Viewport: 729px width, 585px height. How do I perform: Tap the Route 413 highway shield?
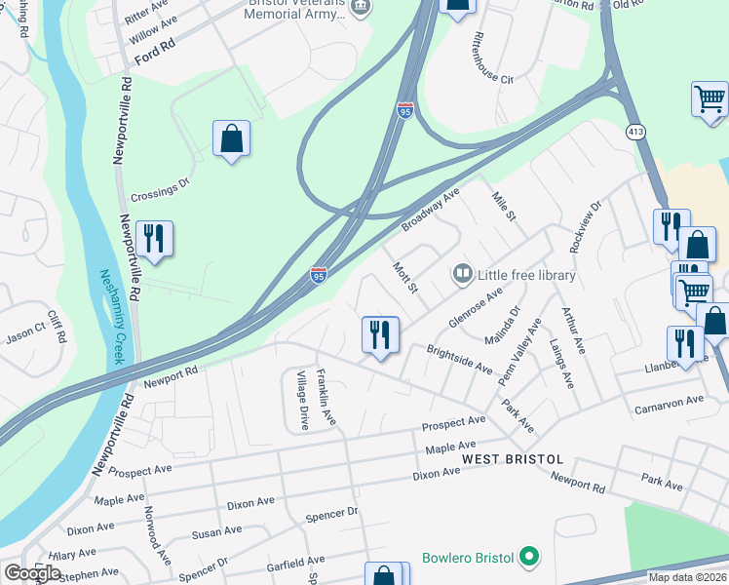[x=635, y=133]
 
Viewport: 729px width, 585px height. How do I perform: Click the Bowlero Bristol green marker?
[x=529, y=558]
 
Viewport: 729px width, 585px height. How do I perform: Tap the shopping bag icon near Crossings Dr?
[x=231, y=139]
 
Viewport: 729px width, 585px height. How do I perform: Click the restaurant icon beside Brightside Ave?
[x=379, y=334]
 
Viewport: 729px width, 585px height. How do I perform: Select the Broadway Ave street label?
[x=429, y=211]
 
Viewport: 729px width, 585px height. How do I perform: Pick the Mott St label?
[x=404, y=277]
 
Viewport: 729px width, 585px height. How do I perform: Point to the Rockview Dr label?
[x=588, y=224]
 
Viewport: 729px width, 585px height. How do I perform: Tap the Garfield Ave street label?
[x=288, y=561]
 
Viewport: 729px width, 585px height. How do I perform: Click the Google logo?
[x=32, y=572]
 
